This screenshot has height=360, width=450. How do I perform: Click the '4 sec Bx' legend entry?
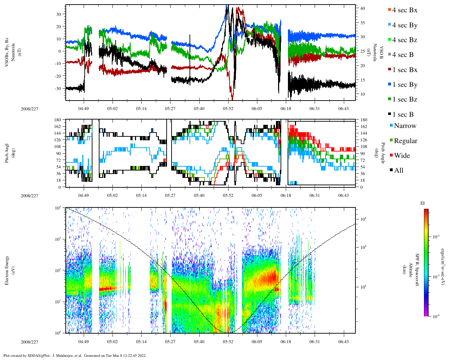pos(404,10)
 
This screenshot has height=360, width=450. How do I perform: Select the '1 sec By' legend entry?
pos(405,85)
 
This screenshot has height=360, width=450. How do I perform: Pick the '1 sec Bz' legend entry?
pos(405,99)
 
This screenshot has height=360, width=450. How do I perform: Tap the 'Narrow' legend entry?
pos(405,126)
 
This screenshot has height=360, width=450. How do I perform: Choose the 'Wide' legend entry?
pos(402,156)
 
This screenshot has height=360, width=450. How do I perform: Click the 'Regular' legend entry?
pos(405,141)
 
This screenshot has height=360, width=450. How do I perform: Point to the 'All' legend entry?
pos(399,171)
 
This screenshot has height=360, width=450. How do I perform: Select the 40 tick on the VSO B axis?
pos(362,8)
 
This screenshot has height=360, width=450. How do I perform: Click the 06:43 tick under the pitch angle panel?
pos(343,195)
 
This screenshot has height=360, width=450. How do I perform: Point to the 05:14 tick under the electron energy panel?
pos(141,341)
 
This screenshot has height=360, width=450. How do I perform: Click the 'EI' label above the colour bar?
pos(423,203)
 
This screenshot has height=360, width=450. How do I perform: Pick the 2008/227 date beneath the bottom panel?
pos(30,342)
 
